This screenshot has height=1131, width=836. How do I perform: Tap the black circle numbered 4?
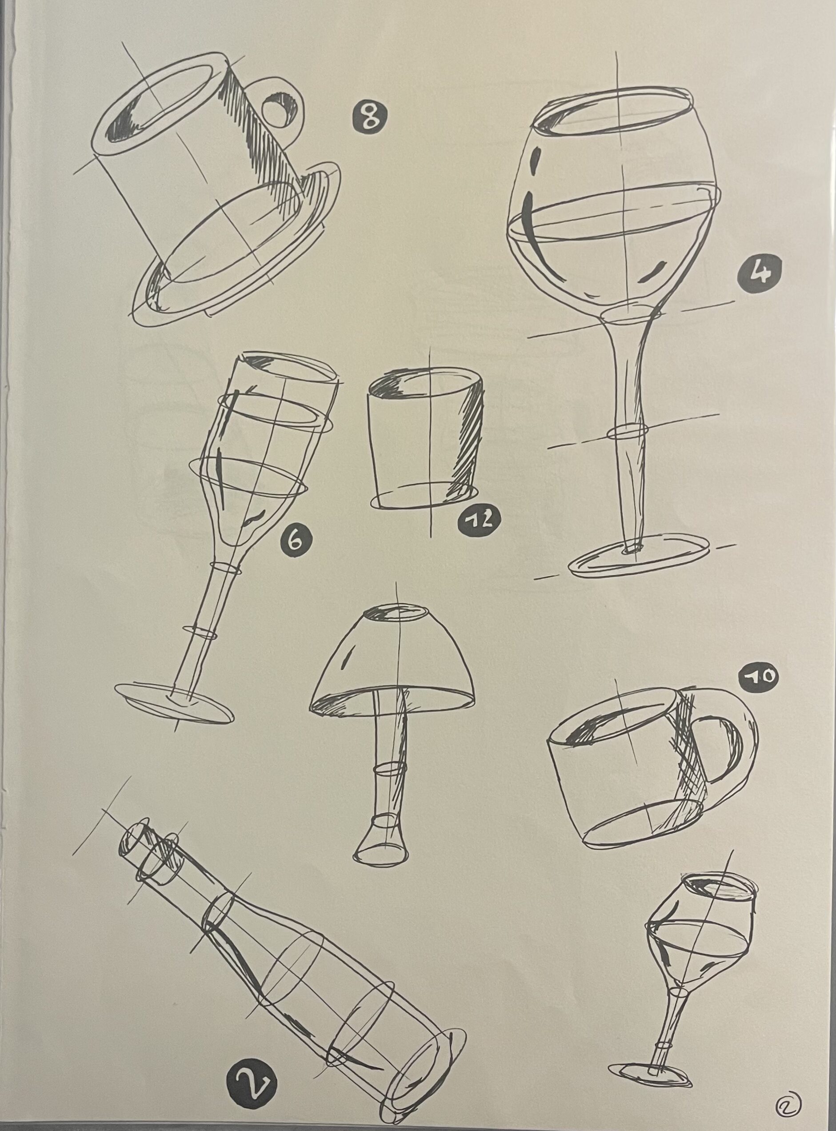click(x=759, y=273)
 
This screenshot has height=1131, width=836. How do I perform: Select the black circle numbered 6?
click(x=296, y=541)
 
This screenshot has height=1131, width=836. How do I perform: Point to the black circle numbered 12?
click(x=478, y=520)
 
